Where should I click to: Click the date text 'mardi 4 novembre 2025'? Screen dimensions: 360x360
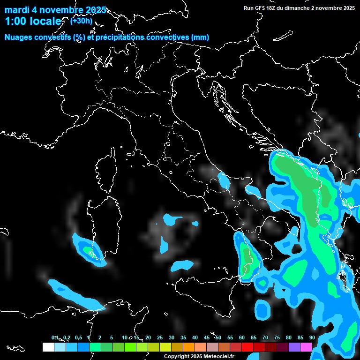coord(55,10)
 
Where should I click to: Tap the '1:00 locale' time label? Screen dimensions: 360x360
coord(33,22)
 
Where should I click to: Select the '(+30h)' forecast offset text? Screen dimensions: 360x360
coord(81,21)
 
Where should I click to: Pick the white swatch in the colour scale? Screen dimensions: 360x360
coord(48,347)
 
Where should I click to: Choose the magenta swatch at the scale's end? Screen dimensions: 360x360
coord(306,347)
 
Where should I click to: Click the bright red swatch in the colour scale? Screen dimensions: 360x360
coord(247,347)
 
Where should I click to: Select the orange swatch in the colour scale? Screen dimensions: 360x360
coord(189,347)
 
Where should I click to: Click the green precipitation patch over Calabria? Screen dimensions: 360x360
coord(247,258)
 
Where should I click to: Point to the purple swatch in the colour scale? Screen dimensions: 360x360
coord(294,347)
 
